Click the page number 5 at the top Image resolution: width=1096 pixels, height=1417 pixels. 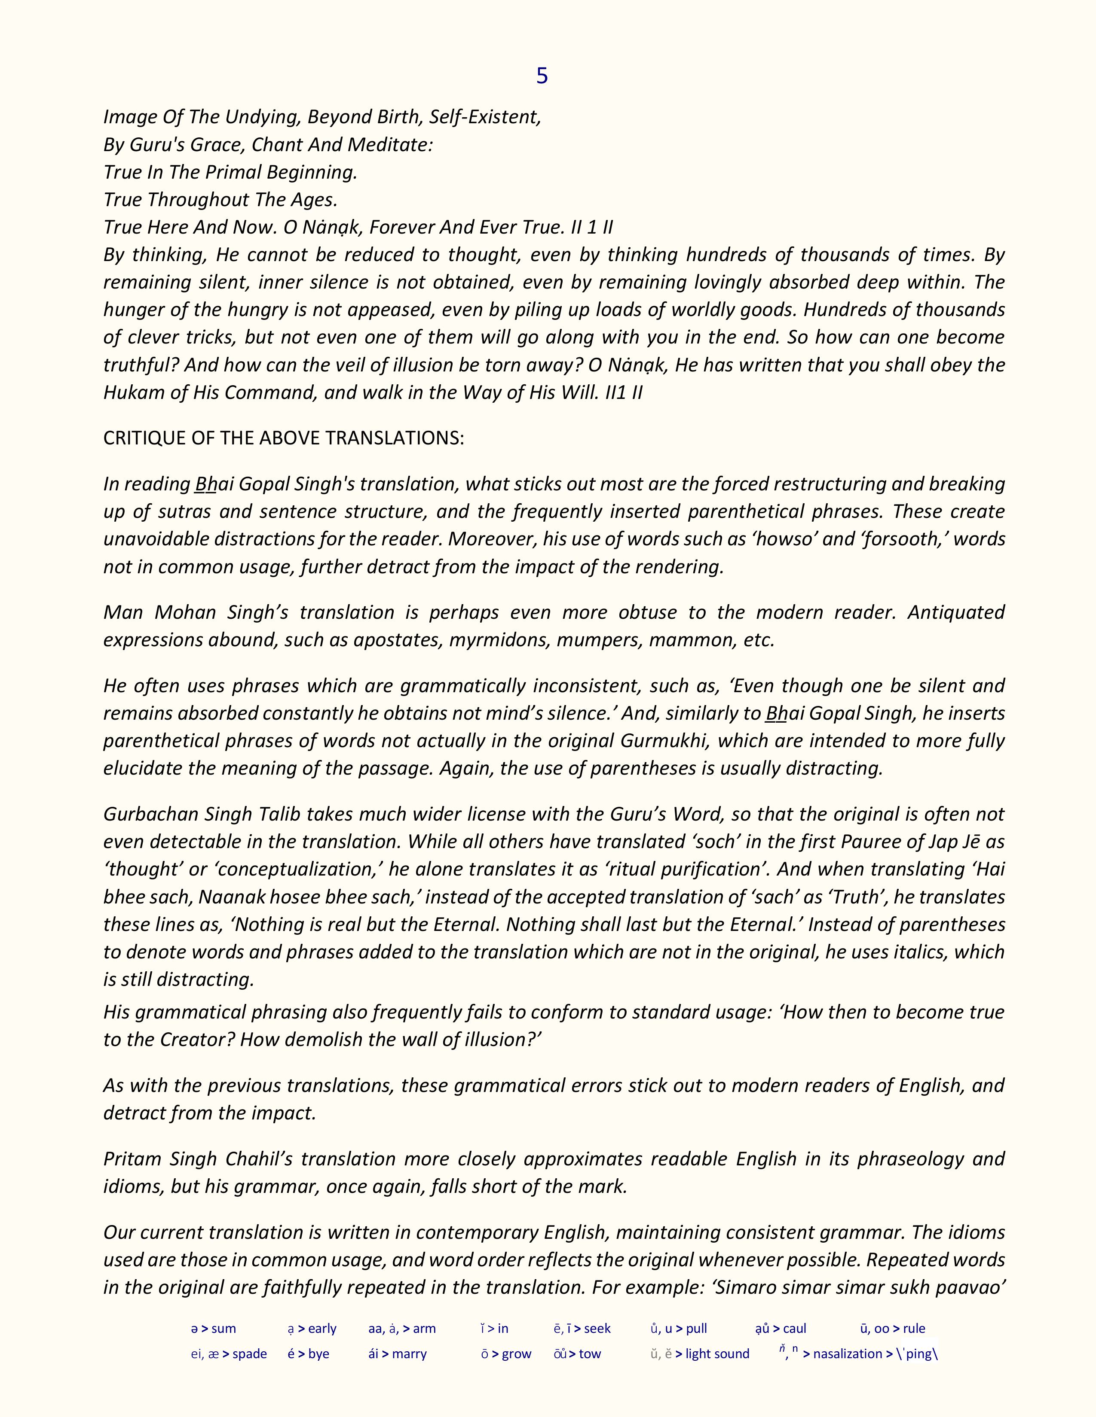(x=542, y=76)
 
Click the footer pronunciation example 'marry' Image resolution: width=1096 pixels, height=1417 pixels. (x=409, y=1354)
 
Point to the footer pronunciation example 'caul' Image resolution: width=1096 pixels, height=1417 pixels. (x=795, y=1329)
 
